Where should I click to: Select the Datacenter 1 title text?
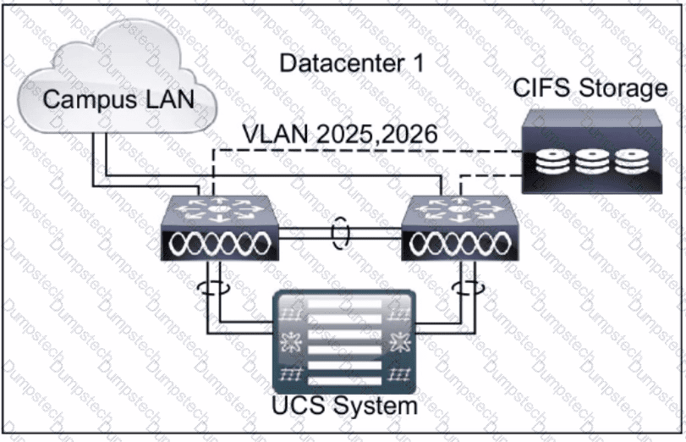(352, 63)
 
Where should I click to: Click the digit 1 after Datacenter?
(418, 63)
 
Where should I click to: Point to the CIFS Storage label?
(590, 88)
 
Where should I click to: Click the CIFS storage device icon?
(592, 151)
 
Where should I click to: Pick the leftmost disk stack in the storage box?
(552, 161)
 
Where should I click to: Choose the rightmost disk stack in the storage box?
(631, 161)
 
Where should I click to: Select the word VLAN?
(276, 134)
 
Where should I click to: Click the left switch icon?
(220, 228)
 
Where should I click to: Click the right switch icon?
(460, 228)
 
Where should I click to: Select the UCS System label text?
(345, 406)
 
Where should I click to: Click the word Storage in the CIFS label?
(623, 88)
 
